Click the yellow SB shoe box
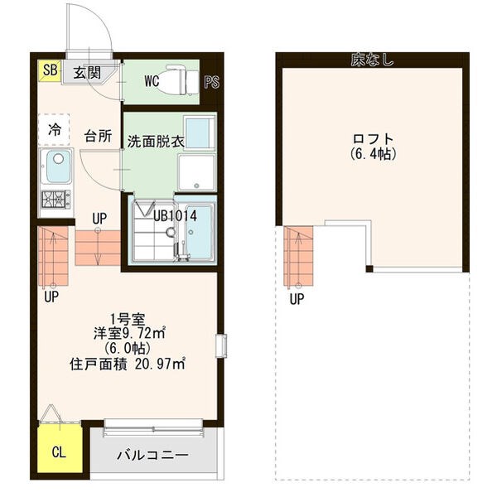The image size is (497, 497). tap(50, 70)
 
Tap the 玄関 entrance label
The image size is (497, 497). tap(88, 73)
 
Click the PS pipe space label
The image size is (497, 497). tap(212, 82)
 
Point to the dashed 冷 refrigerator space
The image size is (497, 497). tap(54, 130)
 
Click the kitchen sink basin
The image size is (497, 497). tap(59, 166)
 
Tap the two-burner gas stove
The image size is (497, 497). tap(56, 200)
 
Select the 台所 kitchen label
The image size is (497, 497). tap(98, 137)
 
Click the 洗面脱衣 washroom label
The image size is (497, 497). tap(156, 142)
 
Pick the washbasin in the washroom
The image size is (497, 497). tap(200, 133)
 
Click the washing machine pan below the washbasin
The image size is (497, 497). tap(196, 173)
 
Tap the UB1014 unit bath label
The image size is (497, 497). tap(175, 216)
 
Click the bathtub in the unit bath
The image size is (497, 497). tap(199, 232)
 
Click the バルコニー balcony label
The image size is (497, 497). tap(152, 456)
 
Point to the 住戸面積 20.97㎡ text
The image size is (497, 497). tap(128, 364)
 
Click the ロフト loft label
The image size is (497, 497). tap(373, 139)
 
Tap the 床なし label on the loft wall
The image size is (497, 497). tap(372, 60)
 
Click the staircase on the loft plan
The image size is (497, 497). tap(298, 256)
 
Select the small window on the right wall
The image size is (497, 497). tap(221, 345)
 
